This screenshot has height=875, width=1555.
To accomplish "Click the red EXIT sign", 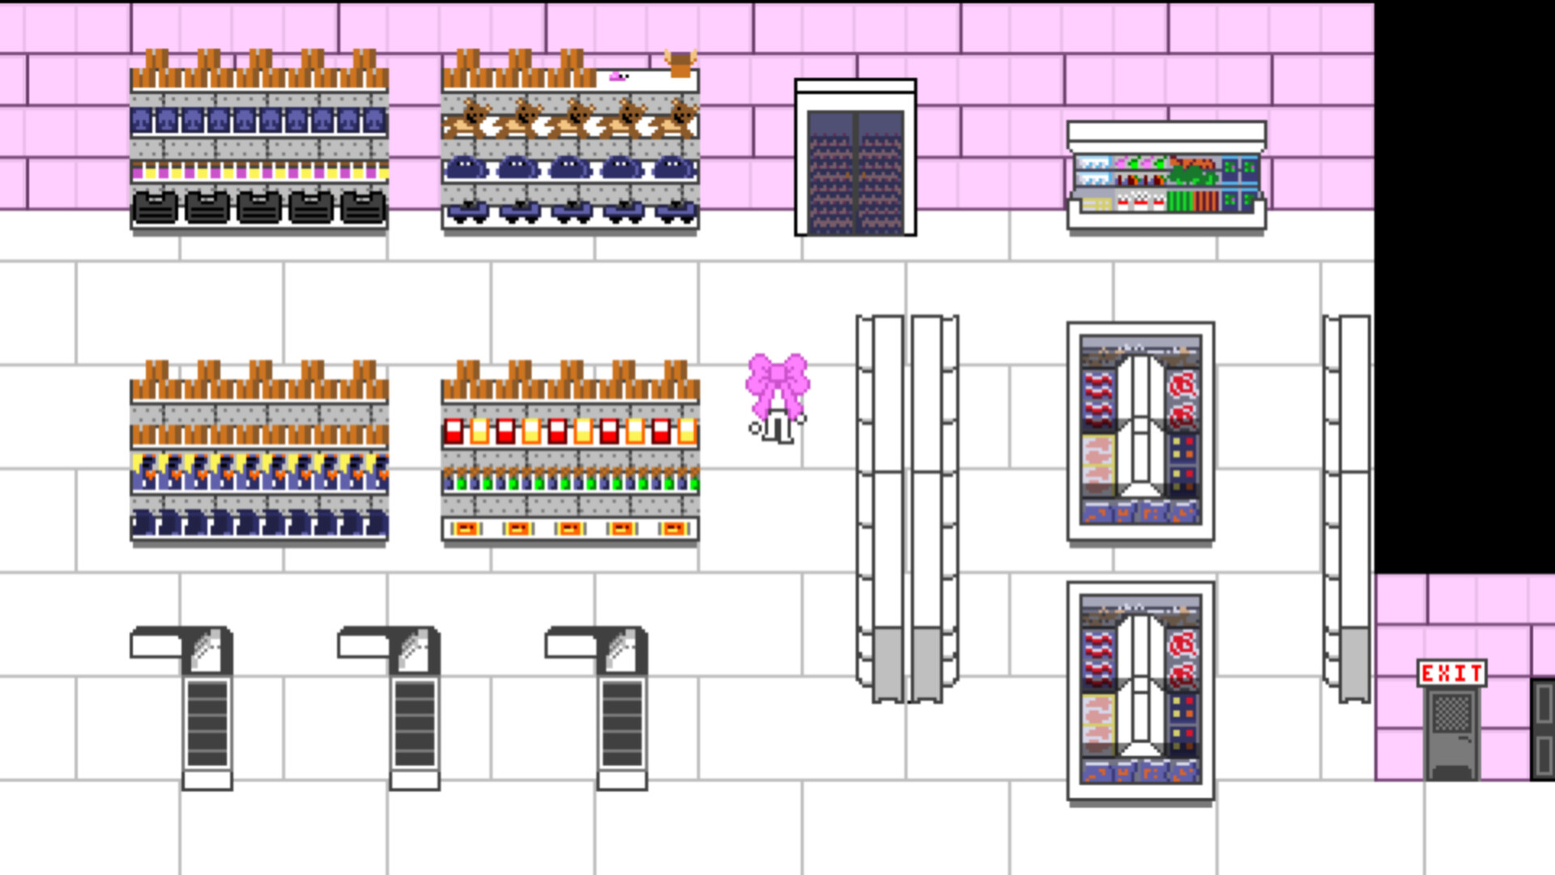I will pyautogui.click(x=1451, y=673).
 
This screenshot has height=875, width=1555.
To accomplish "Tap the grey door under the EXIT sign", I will pyautogui.click(x=1451, y=733).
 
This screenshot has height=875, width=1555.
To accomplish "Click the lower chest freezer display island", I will pyautogui.click(x=1140, y=690).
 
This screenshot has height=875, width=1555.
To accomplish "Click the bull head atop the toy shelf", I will pyautogui.click(x=680, y=63).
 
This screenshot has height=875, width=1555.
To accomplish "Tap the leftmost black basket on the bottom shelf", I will pyautogui.click(x=155, y=207).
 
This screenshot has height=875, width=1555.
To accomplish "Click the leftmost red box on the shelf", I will pyautogui.click(x=454, y=431).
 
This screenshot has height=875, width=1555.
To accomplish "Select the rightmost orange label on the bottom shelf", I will pyautogui.click(x=673, y=529).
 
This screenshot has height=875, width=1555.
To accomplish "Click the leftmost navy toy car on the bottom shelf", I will pyautogui.click(x=466, y=212).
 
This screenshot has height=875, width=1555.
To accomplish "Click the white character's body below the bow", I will pyautogui.click(x=777, y=427).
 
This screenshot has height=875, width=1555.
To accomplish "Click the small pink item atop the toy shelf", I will pyautogui.click(x=619, y=77).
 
